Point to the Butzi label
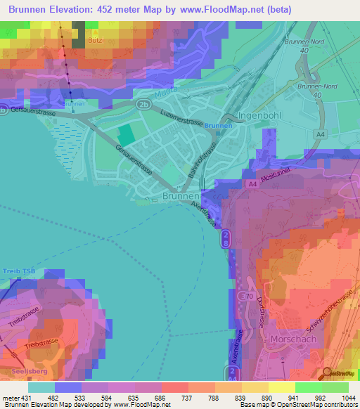[x=96, y=41]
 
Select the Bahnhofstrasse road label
[x=200, y=158]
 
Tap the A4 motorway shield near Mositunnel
[x=252, y=184]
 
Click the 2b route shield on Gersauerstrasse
[x=144, y=103]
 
